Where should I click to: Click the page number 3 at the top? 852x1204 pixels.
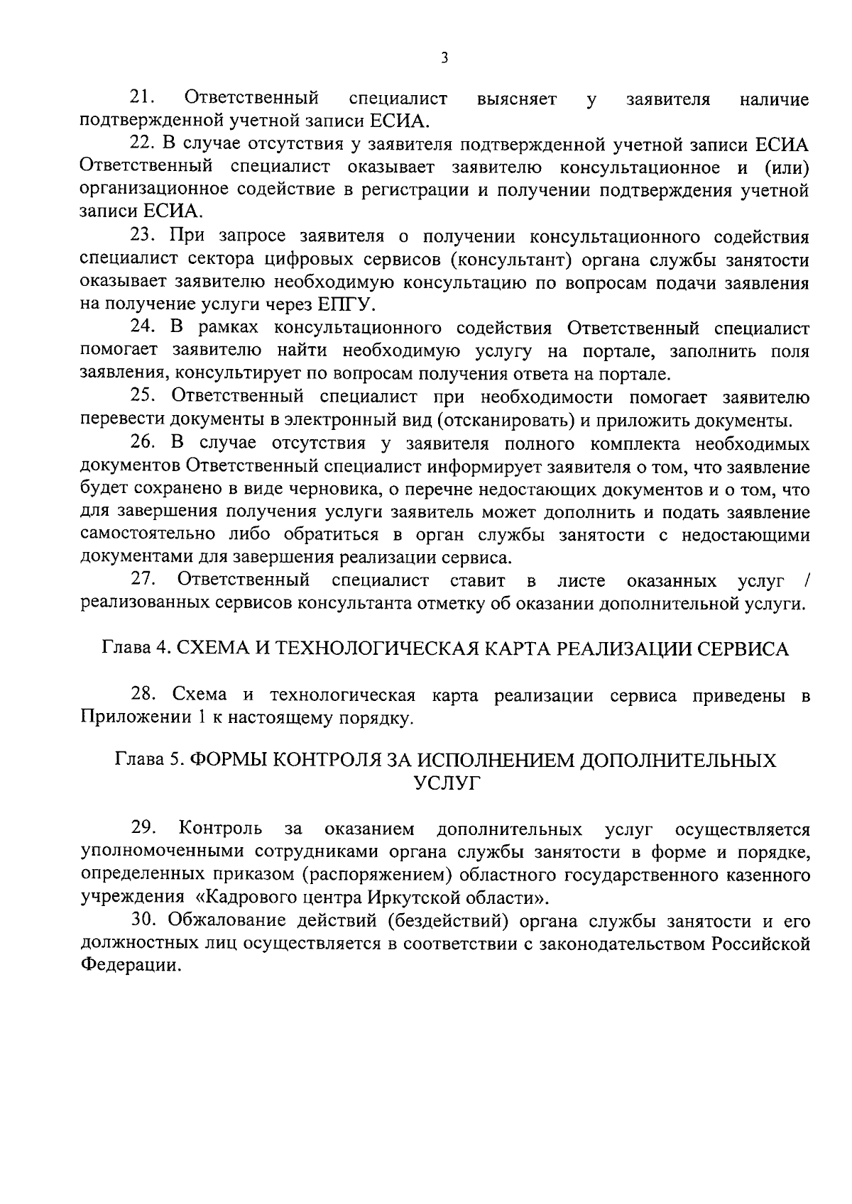pos(444,58)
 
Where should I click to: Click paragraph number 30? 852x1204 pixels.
pos(145,921)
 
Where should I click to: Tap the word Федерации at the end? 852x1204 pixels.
pos(127,966)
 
